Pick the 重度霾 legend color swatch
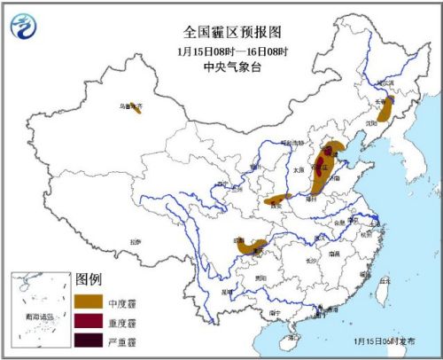pyautogui.click(x=89, y=323)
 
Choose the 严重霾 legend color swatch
pyautogui.click(x=89, y=340)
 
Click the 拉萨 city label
pyautogui.click(x=135, y=240)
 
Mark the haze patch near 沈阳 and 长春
pyautogui.click(x=385, y=110)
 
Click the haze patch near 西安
pyautogui.click(x=278, y=199)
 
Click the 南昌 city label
pyautogui.click(x=333, y=254)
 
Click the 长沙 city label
pyautogui.click(x=310, y=261)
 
